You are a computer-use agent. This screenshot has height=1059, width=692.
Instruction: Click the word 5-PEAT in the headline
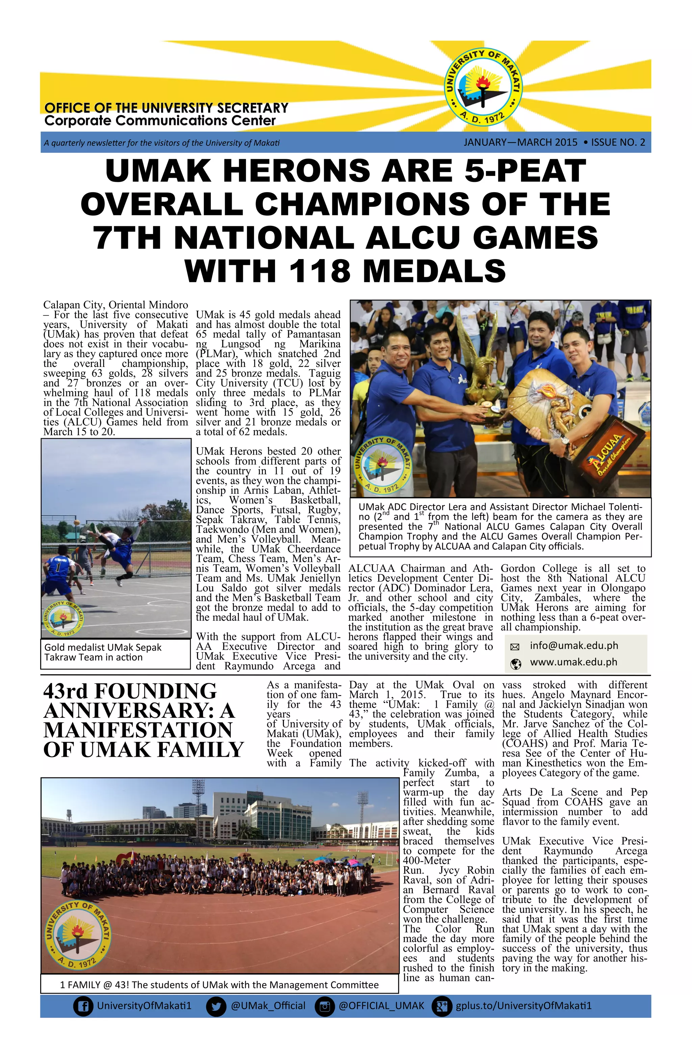click(525, 171)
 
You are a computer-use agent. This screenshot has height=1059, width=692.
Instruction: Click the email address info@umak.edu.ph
click(574, 645)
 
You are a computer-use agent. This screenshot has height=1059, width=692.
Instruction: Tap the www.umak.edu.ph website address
click(573, 662)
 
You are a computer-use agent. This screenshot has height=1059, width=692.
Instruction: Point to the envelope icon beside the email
click(515, 646)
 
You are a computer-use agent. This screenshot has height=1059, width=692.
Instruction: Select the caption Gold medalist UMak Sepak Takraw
click(103, 652)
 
